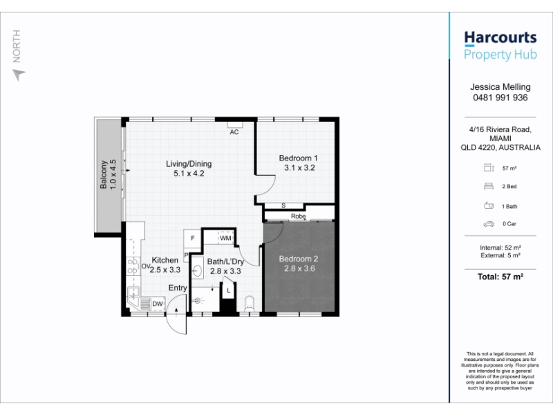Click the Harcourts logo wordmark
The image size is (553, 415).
click(x=500, y=38)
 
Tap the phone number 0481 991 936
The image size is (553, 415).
click(x=500, y=98)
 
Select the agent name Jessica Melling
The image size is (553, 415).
click(x=500, y=87)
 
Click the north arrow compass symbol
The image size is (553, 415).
click(x=19, y=75)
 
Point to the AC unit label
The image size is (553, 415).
click(x=234, y=132)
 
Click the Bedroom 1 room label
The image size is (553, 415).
click(x=298, y=158)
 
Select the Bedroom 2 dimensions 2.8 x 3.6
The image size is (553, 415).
click(x=299, y=268)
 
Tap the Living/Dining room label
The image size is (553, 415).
click(x=189, y=164)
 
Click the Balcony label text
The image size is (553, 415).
click(x=103, y=175)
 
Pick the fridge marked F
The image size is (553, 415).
click(x=192, y=238)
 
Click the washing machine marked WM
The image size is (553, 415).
click(x=225, y=238)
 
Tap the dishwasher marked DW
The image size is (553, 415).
click(x=158, y=304)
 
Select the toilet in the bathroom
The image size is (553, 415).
click(x=249, y=304)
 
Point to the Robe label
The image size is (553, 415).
click(x=298, y=216)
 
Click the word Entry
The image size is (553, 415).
click(x=178, y=288)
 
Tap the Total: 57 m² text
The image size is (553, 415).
click(x=500, y=277)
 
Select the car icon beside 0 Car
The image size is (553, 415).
click(x=489, y=223)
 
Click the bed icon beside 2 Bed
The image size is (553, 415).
click(x=489, y=186)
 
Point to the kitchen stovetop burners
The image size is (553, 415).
click(x=133, y=266)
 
